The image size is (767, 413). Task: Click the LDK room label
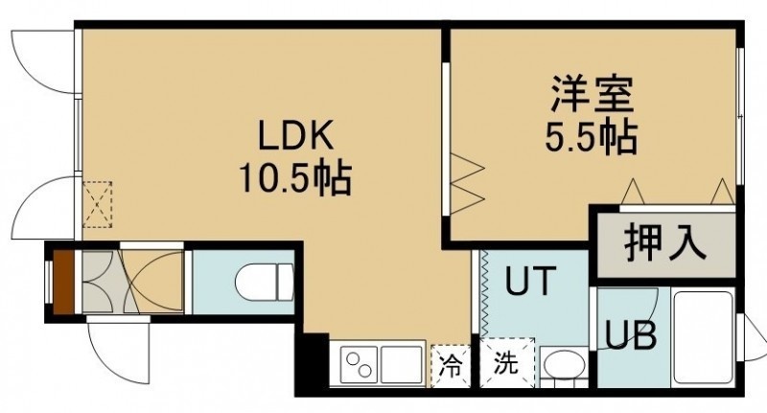tap(295, 135)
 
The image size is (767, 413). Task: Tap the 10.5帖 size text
tap(295, 178)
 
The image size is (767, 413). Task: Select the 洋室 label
tap(593, 95)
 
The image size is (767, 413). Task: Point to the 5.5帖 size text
tap(592, 137)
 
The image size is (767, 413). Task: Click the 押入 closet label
tap(665, 241)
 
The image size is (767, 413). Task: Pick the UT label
tap(531, 281)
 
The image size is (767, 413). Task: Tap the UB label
tap(631, 335)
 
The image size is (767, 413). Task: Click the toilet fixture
tap(264, 282)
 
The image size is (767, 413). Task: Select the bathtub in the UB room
tap(703, 336)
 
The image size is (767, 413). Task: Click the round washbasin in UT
tap(564, 366)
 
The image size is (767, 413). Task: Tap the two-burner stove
tap(359, 364)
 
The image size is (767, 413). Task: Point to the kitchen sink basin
tap(402, 364)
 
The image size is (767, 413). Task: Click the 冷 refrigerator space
tap(450, 366)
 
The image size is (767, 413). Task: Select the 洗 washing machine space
tap(506, 362)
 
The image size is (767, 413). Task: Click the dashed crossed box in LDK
tap(98, 204)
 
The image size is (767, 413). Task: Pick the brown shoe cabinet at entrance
tap(63, 282)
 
